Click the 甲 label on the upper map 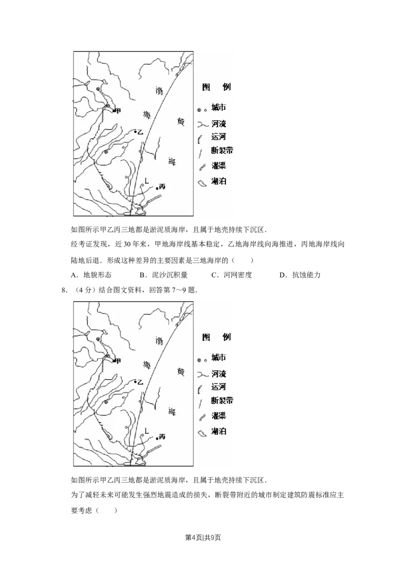118,111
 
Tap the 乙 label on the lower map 141,381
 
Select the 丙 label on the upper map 162,186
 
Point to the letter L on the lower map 146,430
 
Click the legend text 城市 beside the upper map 219,108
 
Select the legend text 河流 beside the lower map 219,373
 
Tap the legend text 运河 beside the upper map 219,136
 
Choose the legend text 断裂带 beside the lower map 222,400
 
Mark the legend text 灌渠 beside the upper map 219,165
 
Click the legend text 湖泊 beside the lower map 219,431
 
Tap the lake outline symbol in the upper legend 202,183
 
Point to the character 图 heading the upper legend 207,87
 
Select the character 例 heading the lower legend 226,337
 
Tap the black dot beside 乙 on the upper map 134,132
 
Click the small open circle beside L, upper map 143,185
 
